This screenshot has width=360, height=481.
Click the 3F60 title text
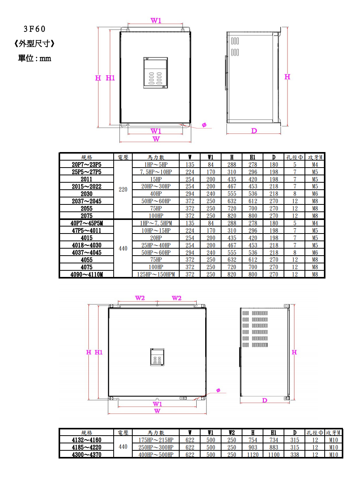click(35, 29)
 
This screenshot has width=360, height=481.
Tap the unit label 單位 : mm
click(35, 58)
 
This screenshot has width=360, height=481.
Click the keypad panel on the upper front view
click(155, 73)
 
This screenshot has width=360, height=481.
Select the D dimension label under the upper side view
click(254, 131)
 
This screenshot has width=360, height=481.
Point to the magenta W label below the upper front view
click(156, 139)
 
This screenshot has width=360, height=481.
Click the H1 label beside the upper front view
click(110, 78)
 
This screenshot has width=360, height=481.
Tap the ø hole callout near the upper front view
click(204, 125)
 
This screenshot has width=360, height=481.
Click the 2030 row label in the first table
click(87, 194)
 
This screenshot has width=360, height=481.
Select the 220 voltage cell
click(123, 189)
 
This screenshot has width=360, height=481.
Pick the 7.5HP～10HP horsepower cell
click(156, 172)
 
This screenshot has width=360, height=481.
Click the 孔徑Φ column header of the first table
click(294, 157)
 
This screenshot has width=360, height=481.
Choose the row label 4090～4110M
click(87, 274)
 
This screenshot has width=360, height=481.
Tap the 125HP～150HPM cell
click(156, 274)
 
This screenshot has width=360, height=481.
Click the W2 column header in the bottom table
click(232, 433)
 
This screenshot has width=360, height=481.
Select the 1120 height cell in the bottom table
click(253, 455)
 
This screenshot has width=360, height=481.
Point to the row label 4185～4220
click(87, 447)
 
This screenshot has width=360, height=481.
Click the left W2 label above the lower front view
click(140, 298)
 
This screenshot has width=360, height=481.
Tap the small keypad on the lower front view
click(157, 357)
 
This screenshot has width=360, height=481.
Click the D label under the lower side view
click(265, 400)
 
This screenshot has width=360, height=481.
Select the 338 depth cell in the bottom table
click(295, 455)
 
